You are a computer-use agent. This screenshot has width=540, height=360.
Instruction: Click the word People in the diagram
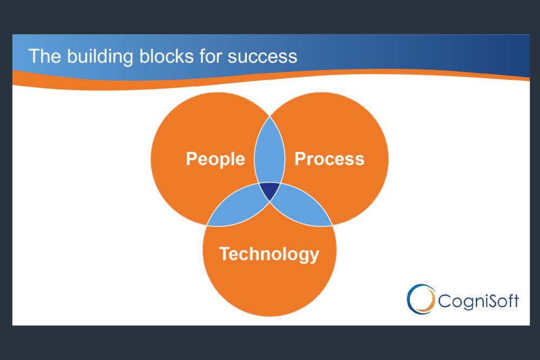click(x=215, y=159)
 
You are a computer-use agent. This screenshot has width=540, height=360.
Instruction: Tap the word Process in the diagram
click(x=329, y=159)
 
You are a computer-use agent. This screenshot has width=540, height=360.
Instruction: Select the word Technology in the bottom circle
click(x=269, y=254)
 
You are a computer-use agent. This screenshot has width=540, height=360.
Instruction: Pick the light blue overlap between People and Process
click(x=269, y=152)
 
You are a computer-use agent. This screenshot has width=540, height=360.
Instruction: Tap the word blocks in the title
click(x=166, y=56)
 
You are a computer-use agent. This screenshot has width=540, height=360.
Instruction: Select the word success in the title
click(x=262, y=57)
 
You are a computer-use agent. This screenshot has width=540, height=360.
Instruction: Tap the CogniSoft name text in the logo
click(x=478, y=301)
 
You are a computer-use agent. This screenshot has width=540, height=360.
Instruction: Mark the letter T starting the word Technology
click(x=225, y=254)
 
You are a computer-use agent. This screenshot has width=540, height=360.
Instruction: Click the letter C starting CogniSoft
click(x=444, y=301)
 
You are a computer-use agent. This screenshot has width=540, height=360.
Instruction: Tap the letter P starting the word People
click(x=192, y=159)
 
